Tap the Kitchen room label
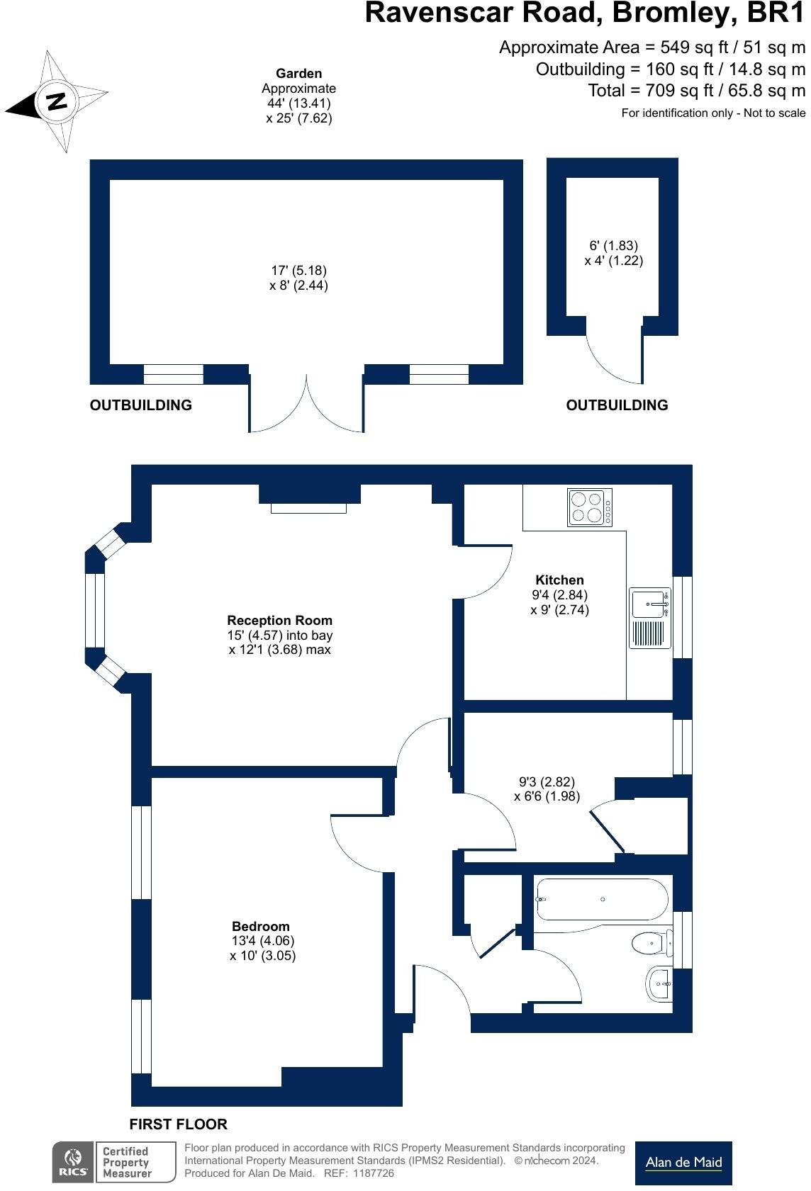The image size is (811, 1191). pyautogui.click(x=559, y=580)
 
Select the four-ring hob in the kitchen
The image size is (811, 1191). pyautogui.click(x=590, y=507)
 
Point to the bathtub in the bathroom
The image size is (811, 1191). pyautogui.click(x=601, y=900)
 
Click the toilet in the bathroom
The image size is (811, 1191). pyautogui.click(x=649, y=943)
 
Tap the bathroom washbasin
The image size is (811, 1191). pyautogui.click(x=660, y=984)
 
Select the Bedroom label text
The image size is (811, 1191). pyautogui.click(x=261, y=926)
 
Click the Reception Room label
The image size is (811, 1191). pyautogui.click(x=279, y=621)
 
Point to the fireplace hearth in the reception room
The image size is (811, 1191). pyautogui.click(x=308, y=508)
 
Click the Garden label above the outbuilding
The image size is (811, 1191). pyautogui.click(x=298, y=74)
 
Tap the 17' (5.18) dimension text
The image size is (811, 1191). pyautogui.click(x=298, y=271)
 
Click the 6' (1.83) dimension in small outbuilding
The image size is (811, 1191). pyautogui.click(x=613, y=246)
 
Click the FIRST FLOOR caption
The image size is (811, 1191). pyautogui.click(x=178, y=1124)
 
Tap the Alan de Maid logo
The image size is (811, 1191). pyautogui.click(x=683, y=1163)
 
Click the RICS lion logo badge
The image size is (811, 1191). pyautogui.click(x=73, y=1162)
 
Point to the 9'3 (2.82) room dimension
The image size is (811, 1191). pyautogui.click(x=547, y=782)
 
